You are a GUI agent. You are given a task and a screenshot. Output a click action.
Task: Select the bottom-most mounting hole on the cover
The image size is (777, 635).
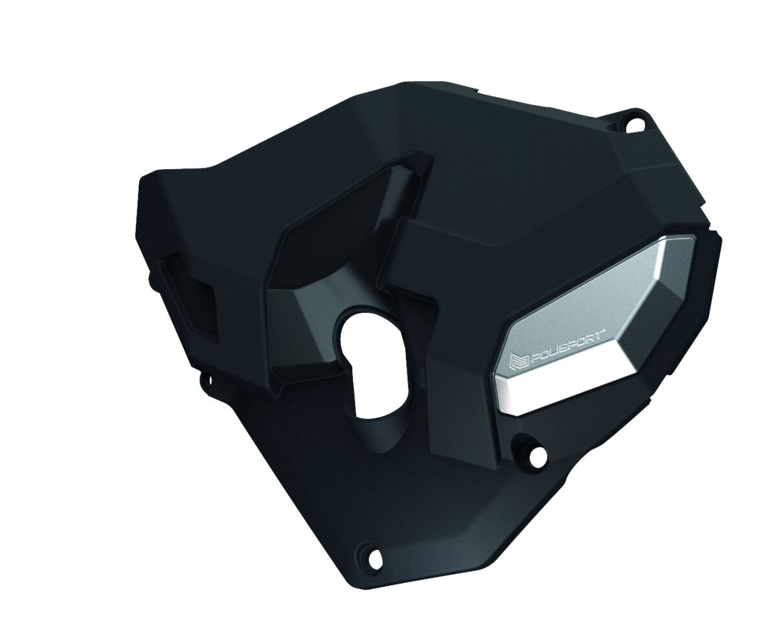pyautogui.click(x=373, y=553)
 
